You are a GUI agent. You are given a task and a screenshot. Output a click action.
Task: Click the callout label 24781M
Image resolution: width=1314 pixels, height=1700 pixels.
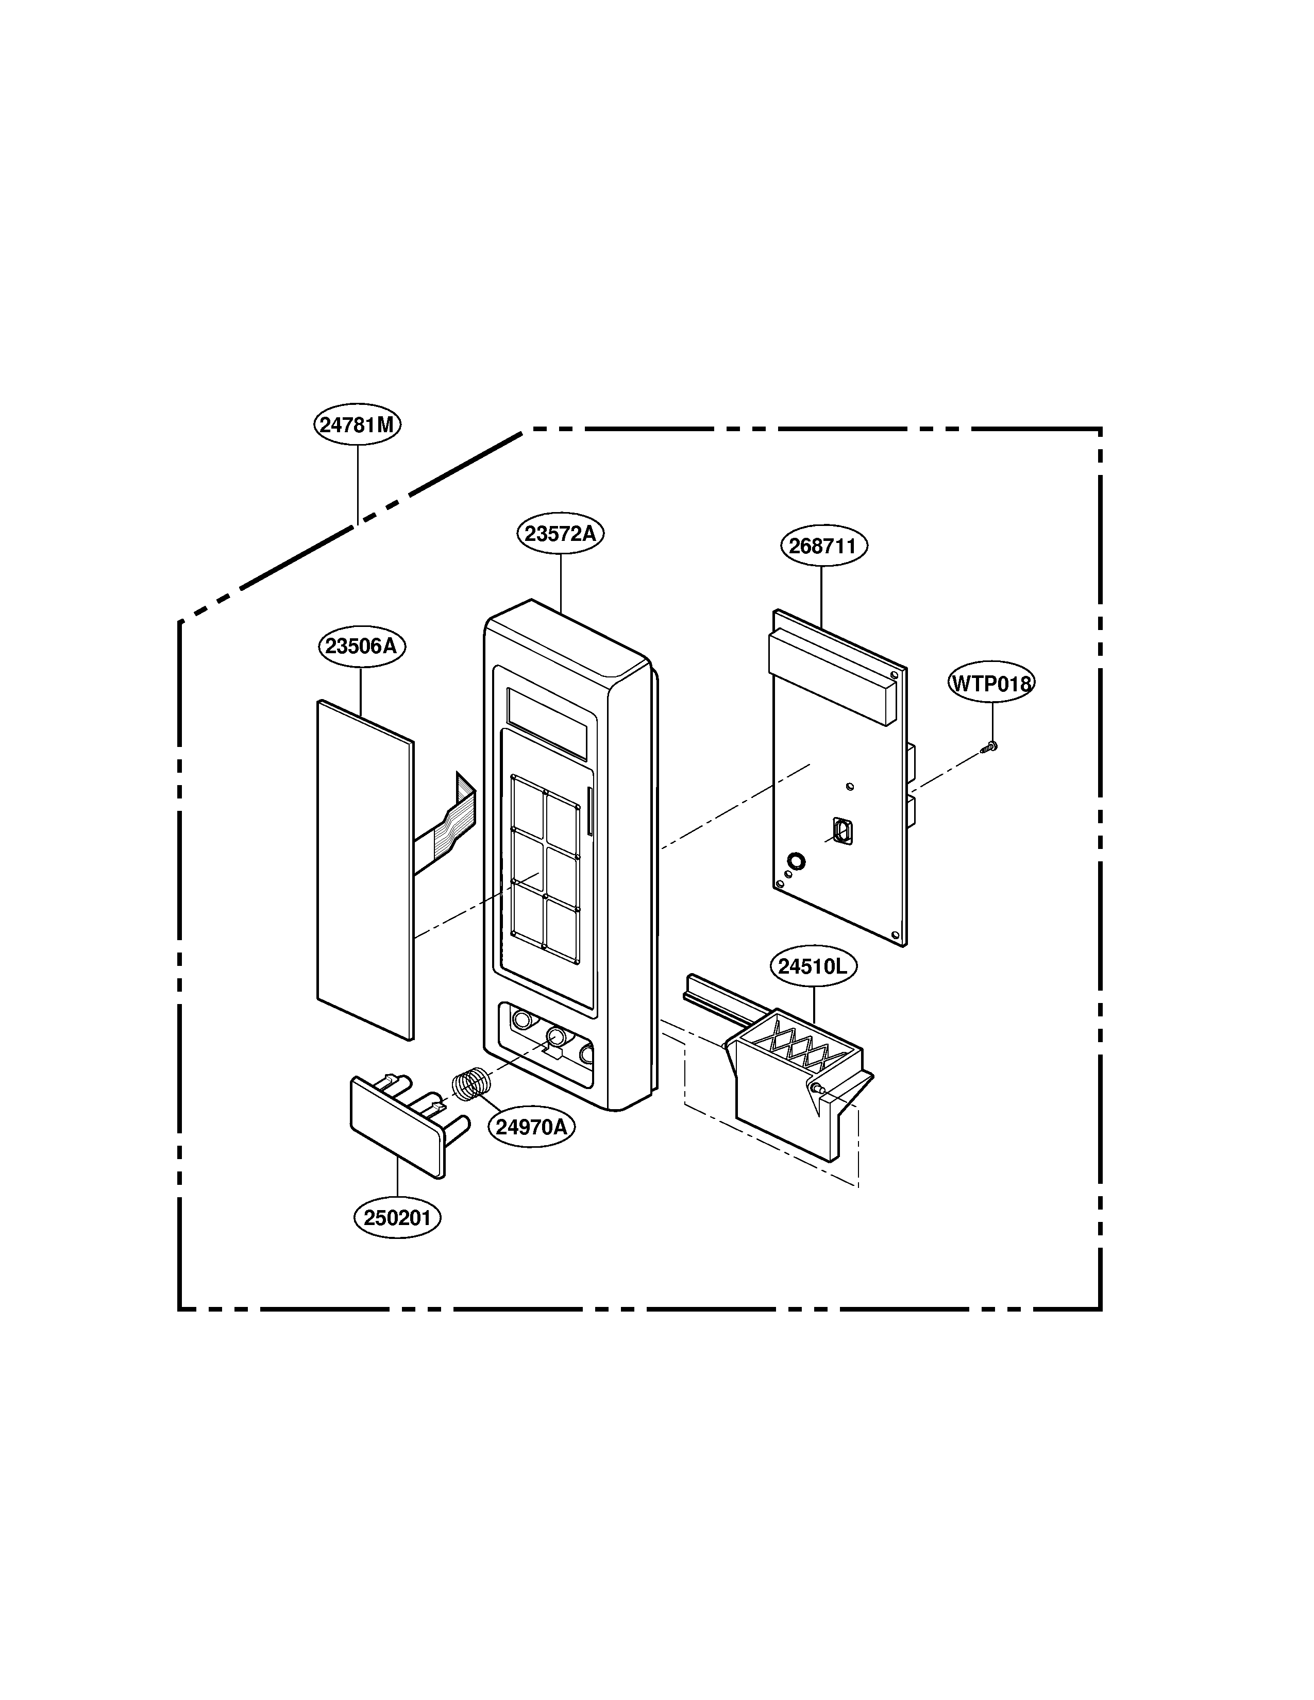(357, 424)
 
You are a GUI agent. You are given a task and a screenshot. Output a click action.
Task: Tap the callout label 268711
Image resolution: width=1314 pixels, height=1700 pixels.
(823, 546)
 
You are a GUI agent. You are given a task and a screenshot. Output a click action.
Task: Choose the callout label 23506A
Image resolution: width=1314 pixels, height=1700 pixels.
(362, 646)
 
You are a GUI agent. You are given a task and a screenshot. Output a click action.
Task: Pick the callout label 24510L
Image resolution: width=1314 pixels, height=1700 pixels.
(813, 966)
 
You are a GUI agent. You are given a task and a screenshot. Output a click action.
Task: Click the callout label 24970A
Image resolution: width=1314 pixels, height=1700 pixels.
(532, 1126)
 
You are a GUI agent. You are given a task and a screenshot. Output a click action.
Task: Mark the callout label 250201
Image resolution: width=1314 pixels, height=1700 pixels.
(397, 1217)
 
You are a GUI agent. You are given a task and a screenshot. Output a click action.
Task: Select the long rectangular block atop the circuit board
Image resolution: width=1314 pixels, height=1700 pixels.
(833, 676)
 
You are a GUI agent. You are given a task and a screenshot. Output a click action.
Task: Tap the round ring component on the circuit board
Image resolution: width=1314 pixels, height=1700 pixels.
(796, 861)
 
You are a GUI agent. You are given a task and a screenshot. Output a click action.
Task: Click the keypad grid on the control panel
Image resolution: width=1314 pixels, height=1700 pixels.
(545, 870)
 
